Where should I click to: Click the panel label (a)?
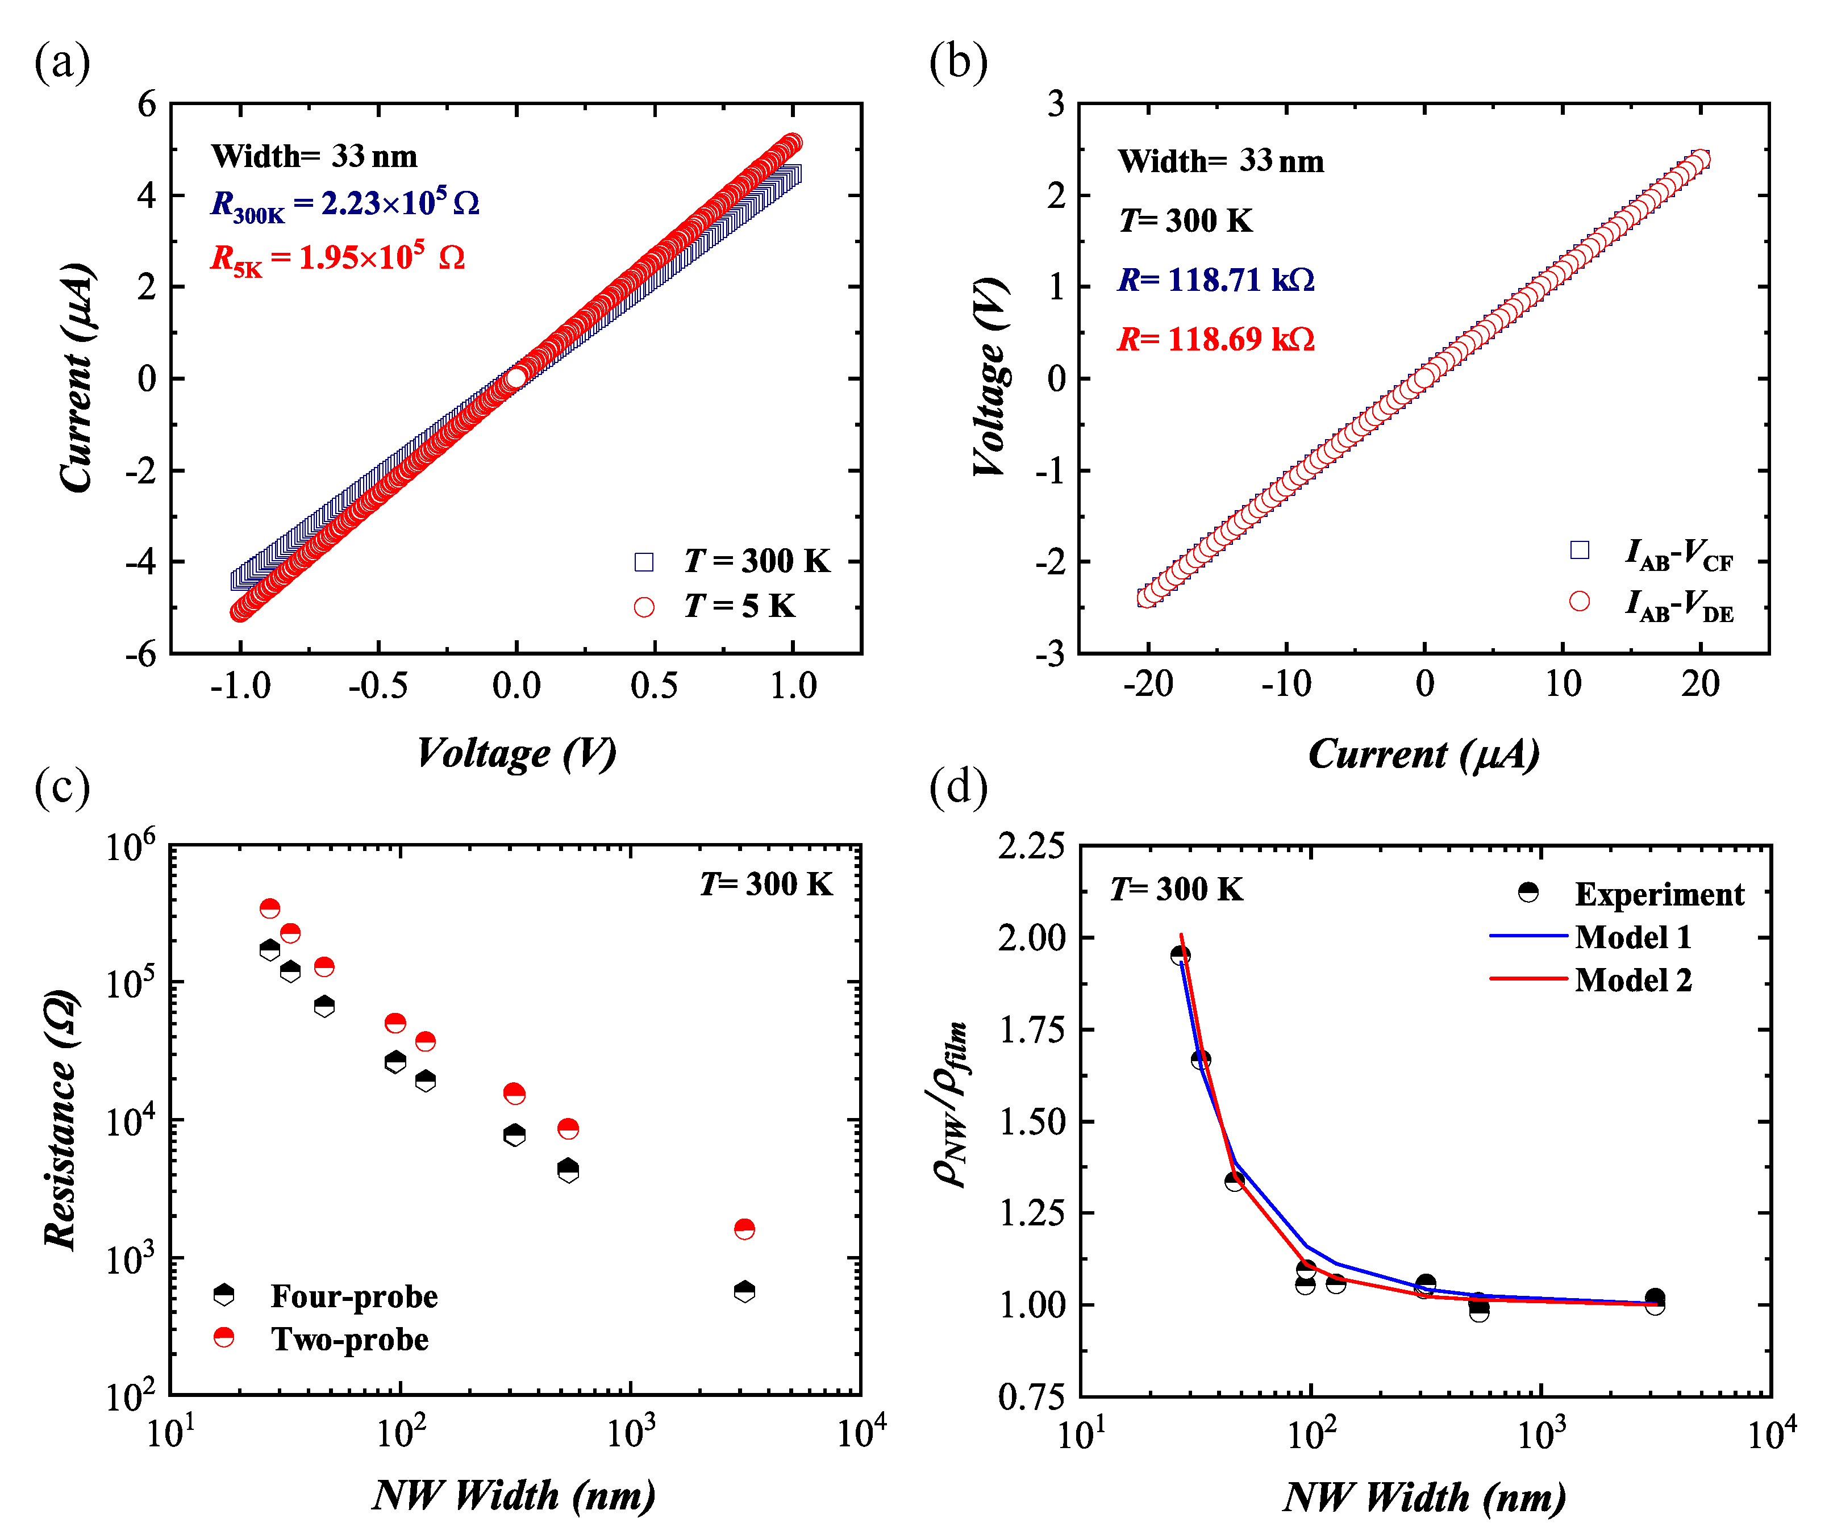coord(62,64)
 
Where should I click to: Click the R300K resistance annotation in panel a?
coord(345,205)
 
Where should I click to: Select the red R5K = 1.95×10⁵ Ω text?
coord(338,258)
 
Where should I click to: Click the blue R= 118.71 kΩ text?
coord(1216,281)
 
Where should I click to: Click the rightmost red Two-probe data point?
coord(744,1229)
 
